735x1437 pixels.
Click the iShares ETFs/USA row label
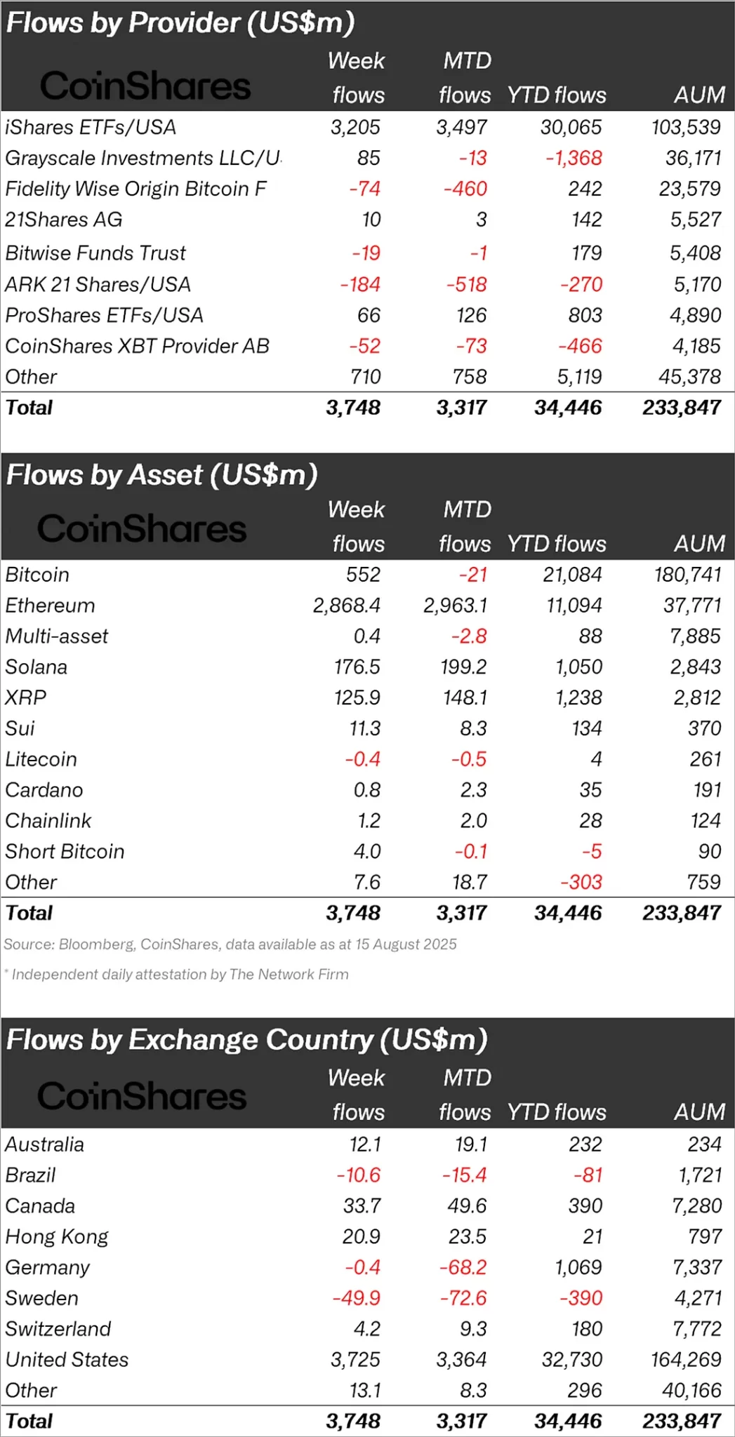point(91,127)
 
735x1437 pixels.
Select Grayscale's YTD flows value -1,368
point(574,158)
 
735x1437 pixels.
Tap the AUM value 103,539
point(685,127)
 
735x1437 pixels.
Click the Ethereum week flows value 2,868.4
point(346,606)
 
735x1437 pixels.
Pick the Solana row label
point(37,667)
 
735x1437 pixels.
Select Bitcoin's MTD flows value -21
point(472,575)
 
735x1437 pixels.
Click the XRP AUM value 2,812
point(696,697)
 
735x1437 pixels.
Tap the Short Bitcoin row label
point(65,851)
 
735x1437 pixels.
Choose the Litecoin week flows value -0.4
point(362,759)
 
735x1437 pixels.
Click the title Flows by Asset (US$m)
point(162,475)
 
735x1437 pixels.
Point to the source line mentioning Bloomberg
point(230,944)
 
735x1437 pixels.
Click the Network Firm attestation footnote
point(178,975)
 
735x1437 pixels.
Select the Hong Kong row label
point(57,1236)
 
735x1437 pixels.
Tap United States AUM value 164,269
point(685,1359)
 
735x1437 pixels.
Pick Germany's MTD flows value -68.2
point(463,1267)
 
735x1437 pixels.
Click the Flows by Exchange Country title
point(246,1040)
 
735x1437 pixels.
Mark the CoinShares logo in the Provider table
point(145,86)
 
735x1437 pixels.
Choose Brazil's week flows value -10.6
point(358,1175)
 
